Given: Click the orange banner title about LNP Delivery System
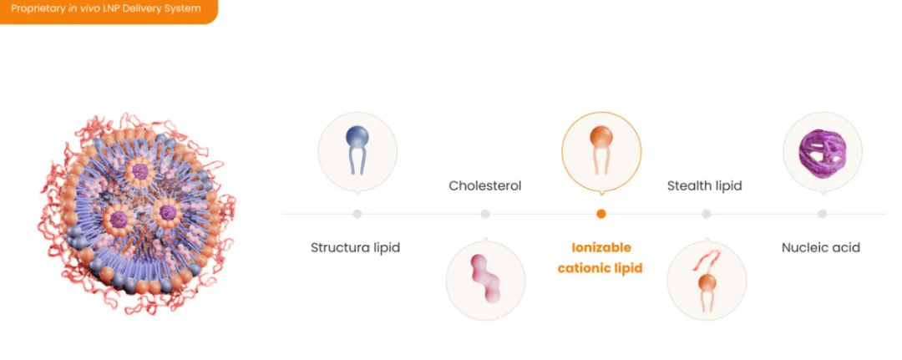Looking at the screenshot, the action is tap(106, 8).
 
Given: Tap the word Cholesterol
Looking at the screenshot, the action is tap(485, 185).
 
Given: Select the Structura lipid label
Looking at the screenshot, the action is tap(355, 248).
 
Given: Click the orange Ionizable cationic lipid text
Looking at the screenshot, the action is tap(600, 257).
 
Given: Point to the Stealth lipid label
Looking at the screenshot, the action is tap(704, 185).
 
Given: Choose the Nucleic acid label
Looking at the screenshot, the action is tap(821, 248).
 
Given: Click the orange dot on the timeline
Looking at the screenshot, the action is tap(601, 214).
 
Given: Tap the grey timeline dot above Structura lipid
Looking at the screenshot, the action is tap(357, 214).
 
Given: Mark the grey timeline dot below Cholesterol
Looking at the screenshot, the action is tap(485, 214).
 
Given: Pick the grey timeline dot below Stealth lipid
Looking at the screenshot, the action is tap(707, 214).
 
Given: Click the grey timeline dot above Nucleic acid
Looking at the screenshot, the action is tap(822, 214).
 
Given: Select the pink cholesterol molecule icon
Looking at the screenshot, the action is tap(485, 279).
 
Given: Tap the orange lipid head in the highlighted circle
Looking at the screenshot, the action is tap(601, 138).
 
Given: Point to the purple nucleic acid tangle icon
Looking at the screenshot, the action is tap(822, 152).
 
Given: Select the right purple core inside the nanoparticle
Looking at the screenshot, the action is tap(166, 211).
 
